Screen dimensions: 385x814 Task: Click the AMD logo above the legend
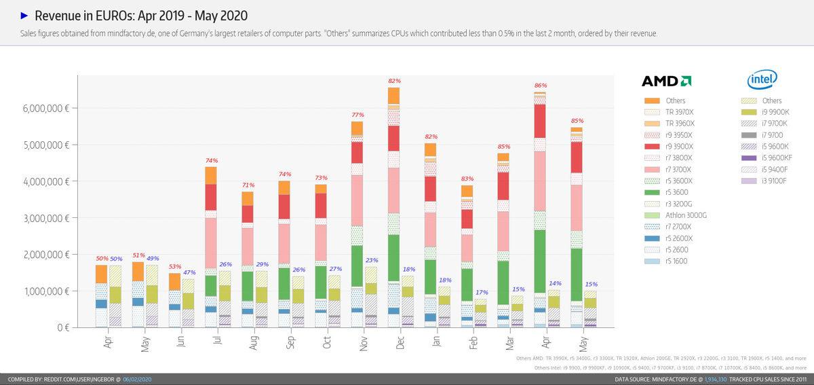(x=666, y=81)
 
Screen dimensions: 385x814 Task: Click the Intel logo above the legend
(x=762, y=80)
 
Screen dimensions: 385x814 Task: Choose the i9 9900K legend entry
(x=776, y=112)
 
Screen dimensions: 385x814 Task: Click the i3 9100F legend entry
(x=775, y=181)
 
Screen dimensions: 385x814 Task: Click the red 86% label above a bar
(x=541, y=86)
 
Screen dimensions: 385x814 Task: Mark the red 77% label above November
(x=357, y=115)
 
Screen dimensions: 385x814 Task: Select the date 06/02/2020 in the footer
(x=136, y=379)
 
